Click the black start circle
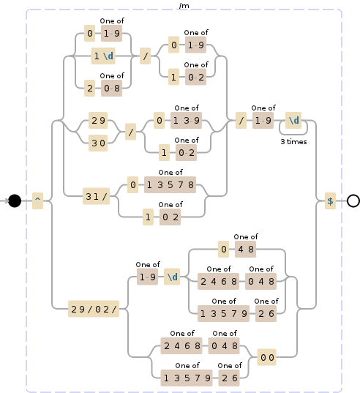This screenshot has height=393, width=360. pyautogui.click(x=14, y=201)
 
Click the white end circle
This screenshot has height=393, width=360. pyautogui.click(x=353, y=201)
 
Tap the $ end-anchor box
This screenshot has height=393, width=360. pyautogui.click(x=330, y=201)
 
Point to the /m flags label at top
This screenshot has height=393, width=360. pyautogui.click(x=184, y=6)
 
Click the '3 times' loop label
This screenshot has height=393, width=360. pyautogui.click(x=294, y=142)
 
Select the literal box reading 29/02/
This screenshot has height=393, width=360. pyautogui.click(x=98, y=309)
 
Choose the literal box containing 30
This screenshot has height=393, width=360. pyautogui.click(x=98, y=143)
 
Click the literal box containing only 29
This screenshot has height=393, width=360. pyautogui.click(x=98, y=120)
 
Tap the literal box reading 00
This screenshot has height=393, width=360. pyautogui.click(x=268, y=358)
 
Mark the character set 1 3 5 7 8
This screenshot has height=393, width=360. pyautogui.click(x=171, y=185)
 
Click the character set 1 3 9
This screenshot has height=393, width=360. pyautogui.click(x=186, y=121)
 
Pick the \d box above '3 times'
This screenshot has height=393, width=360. pyautogui.click(x=294, y=120)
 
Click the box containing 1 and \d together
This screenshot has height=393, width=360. pyautogui.click(x=102, y=56)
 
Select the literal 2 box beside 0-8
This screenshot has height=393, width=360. pyautogui.click(x=89, y=88)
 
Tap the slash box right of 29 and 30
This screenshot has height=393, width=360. pyautogui.click(x=131, y=132)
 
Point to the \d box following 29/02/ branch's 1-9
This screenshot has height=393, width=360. pyautogui.click(x=172, y=277)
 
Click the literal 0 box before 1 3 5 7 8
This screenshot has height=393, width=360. pyautogui.click(x=133, y=185)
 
